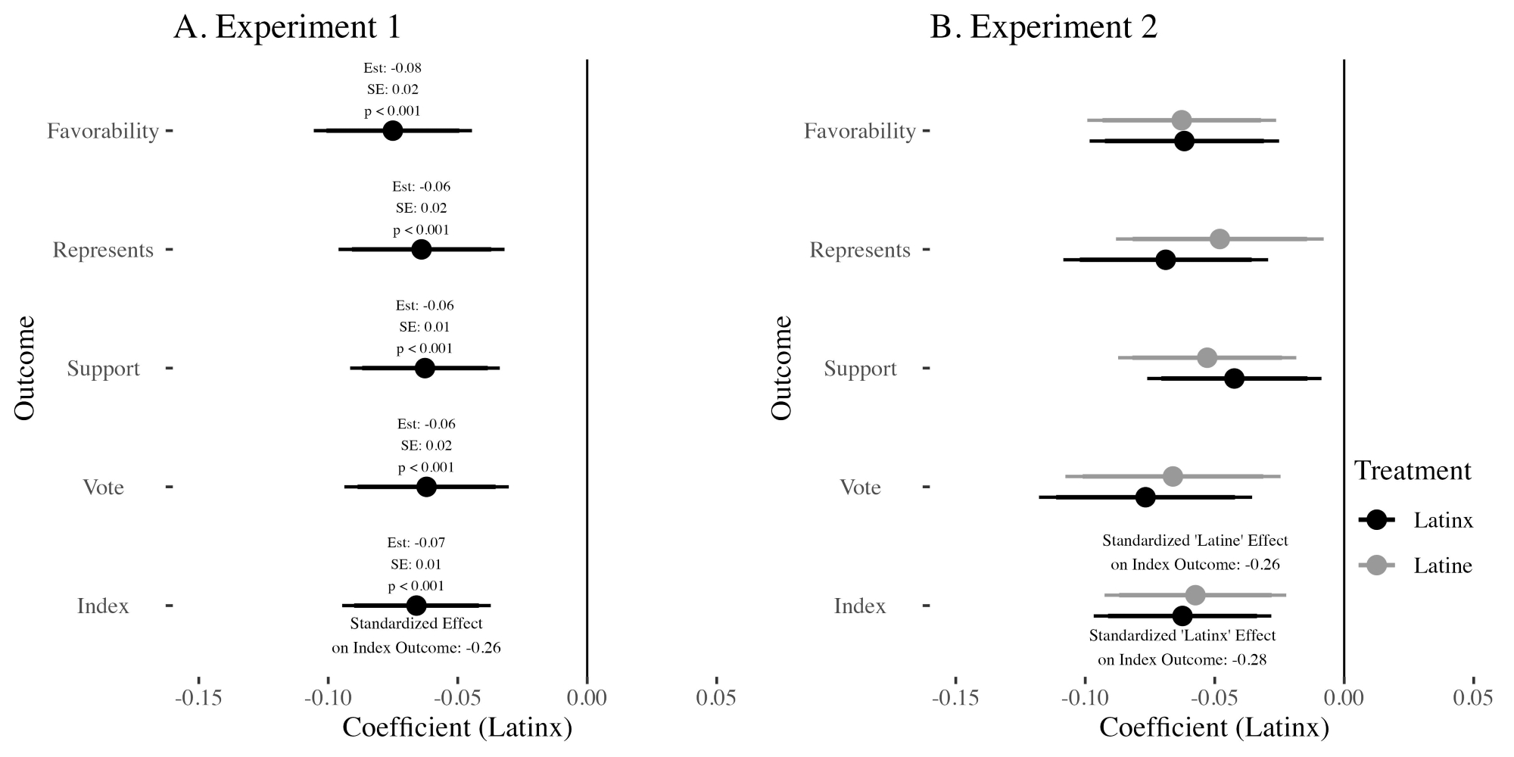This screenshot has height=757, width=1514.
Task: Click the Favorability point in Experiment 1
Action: (392, 130)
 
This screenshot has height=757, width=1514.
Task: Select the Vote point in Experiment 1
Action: (426, 487)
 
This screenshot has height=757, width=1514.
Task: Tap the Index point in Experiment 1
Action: (416, 606)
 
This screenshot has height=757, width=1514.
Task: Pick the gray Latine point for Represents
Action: (1220, 239)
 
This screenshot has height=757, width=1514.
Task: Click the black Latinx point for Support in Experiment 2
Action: (1234, 378)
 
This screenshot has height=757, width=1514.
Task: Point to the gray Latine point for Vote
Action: (1173, 477)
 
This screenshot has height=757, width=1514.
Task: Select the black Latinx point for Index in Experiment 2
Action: (1182, 615)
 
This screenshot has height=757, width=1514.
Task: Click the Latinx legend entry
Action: (1443, 520)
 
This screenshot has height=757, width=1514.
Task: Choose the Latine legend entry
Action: (1443, 565)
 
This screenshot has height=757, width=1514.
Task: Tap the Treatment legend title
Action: (1413, 471)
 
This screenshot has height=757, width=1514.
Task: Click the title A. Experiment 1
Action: (287, 28)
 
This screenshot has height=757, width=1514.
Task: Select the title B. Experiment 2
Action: (1044, 28)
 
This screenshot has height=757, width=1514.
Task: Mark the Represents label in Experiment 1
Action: (103, 250)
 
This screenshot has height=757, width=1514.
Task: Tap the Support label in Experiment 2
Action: (860, 369)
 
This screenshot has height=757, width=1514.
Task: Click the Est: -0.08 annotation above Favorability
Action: (392, 68)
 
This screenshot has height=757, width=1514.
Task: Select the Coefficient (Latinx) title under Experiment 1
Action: (457, 728)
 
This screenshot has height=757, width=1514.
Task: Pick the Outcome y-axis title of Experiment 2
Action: (781, 368)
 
